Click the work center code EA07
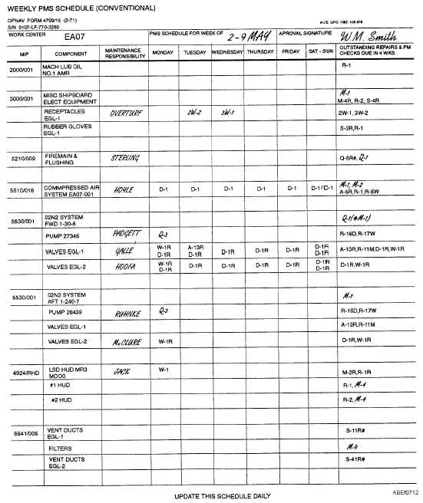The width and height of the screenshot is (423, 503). tap(74, 36)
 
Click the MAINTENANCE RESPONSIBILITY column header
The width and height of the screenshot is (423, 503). tap(125, 52)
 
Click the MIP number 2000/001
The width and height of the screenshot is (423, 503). tap(21, 70)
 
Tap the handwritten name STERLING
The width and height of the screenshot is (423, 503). tap(125, 158)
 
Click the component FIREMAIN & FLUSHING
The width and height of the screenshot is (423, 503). tap(61, 159)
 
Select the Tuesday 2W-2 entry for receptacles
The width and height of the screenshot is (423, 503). tap(194, 112)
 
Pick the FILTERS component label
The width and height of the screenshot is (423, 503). tap(61, 448)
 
